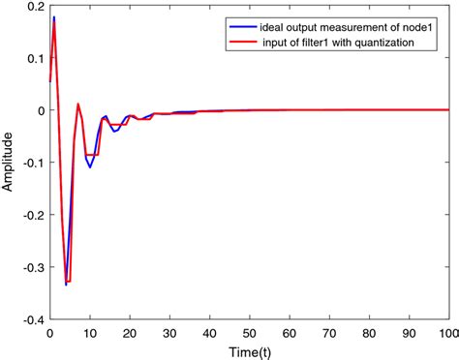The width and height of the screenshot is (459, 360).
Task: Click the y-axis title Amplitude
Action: [x=9, y=162]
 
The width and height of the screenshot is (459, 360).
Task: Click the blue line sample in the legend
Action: [x=240, y=25]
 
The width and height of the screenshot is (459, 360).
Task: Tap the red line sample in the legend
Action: [x=240, y=43]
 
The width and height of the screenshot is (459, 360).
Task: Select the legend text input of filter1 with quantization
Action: [x=340, y=43]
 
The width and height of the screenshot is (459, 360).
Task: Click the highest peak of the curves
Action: [x=53, y=17]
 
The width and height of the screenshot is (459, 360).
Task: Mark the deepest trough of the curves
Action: [x=66, y=285]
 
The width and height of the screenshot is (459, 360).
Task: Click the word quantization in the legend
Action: [x=387, y=43]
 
